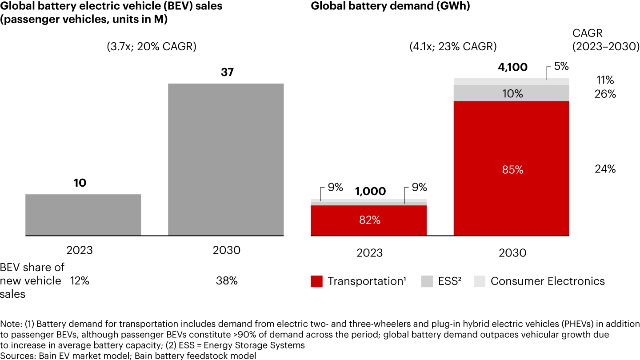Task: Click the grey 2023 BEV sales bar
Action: pos(83,215)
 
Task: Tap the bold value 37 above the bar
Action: pos(227,72)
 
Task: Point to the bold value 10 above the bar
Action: pos(80,183)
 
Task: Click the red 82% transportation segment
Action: pos(369,220)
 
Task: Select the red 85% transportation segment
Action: pos(511,169)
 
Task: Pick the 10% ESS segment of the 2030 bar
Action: pos(511,93)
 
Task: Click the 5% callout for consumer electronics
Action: pos(561,66)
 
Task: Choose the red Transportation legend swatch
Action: pos(316,281)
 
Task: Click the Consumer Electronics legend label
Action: pos(548,281)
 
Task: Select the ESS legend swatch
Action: pos(427,281)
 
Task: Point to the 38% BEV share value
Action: pos(227,281)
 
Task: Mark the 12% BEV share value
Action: pos(80,281)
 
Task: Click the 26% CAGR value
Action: pos(605,94)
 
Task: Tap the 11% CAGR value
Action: pos(605,80)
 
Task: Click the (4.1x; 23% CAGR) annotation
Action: pos(453,47)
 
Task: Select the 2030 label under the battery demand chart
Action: pos(512,253)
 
